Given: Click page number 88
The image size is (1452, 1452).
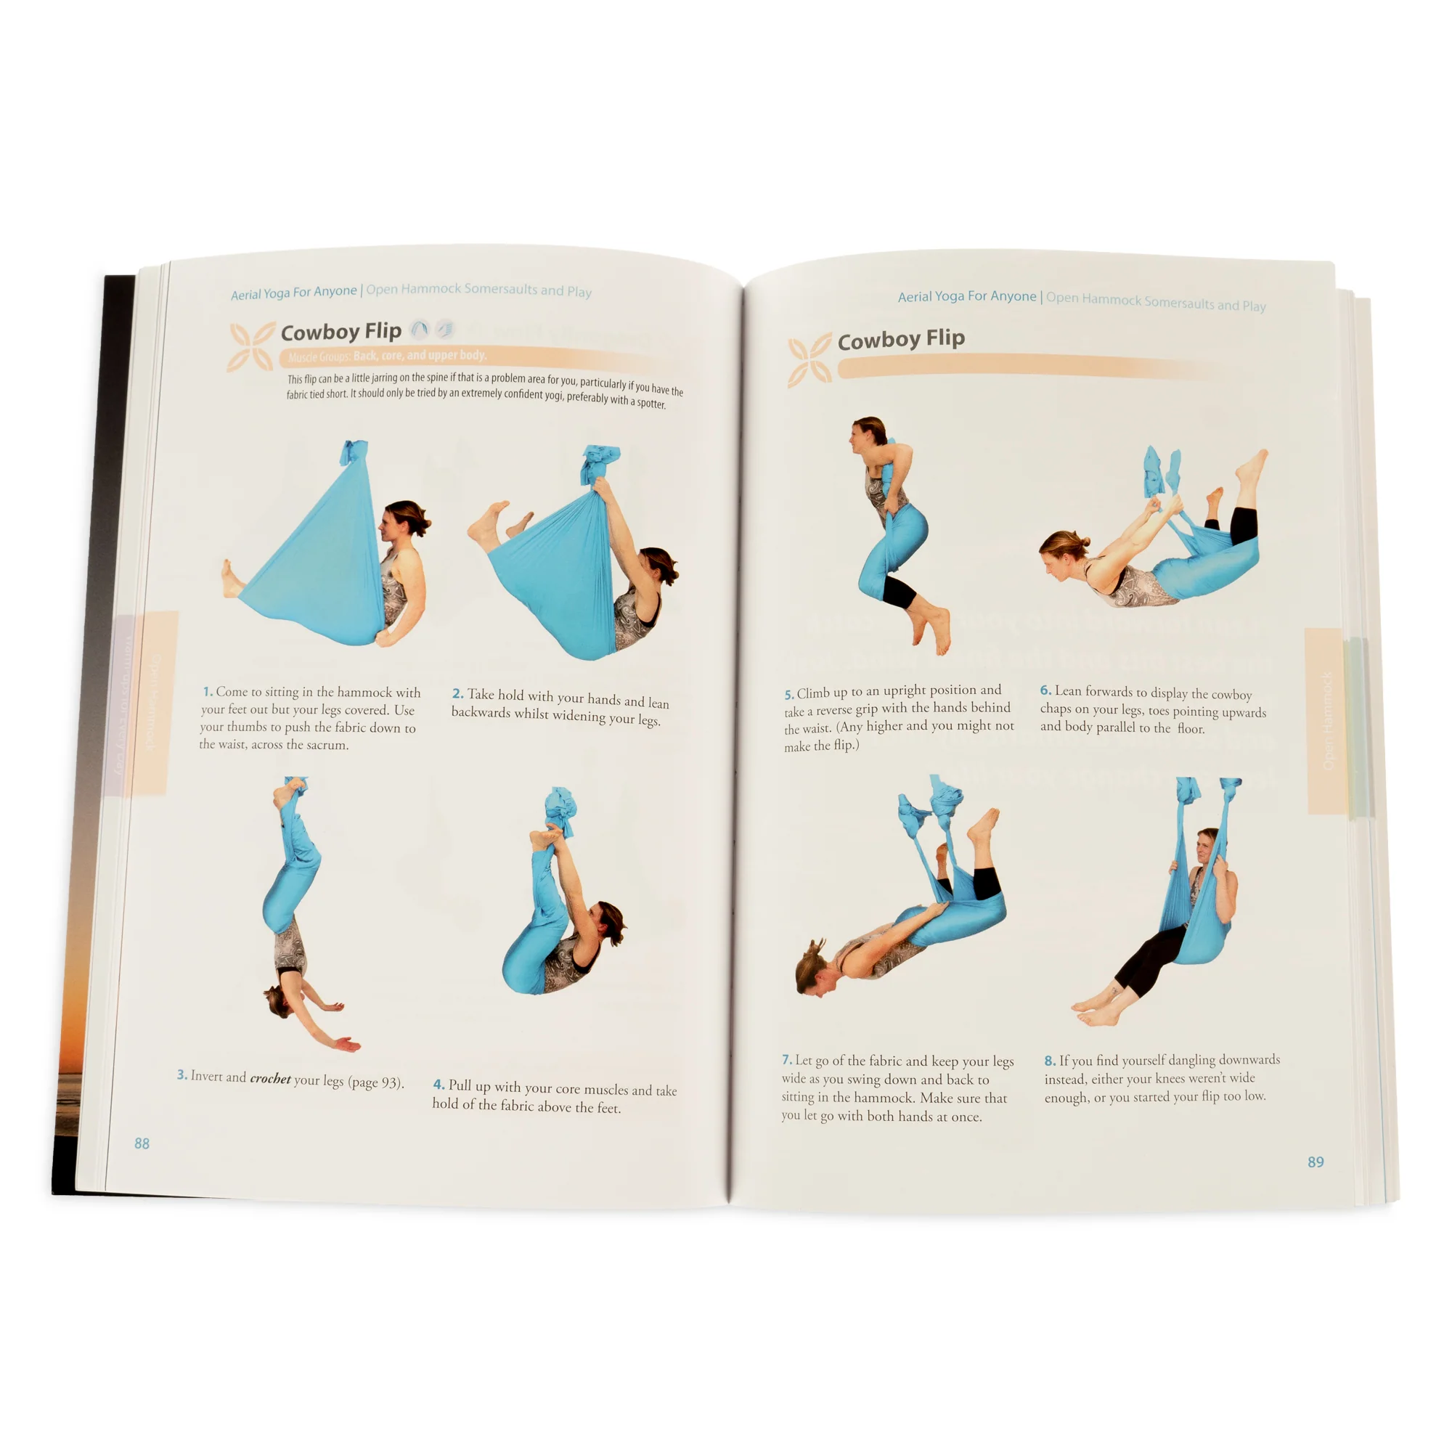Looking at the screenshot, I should pos(142,1143).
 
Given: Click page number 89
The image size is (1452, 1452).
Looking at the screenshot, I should pos(1316,1162).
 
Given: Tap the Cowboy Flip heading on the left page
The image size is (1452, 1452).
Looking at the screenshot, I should pos(340,332).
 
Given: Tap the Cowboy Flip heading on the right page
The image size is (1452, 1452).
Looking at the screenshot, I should pos(900,340).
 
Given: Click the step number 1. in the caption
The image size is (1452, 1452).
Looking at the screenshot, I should pos(208,691).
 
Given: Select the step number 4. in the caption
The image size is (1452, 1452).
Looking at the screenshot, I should pos(439,1085).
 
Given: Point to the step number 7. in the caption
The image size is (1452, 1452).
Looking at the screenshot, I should pos(786,1060).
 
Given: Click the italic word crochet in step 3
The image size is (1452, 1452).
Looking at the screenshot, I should pos(270,1079).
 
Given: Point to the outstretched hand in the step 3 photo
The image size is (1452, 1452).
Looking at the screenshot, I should pos(346,1044).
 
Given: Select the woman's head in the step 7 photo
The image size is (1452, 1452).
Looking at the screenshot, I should pos(813,970).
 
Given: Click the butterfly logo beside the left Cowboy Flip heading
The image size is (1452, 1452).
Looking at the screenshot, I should pos(251,346).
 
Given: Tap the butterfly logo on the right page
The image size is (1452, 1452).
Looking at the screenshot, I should pos(809,359).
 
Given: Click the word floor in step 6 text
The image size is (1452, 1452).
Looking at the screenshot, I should pos(1191,728).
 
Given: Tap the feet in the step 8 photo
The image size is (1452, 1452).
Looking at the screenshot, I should pos(1096,1011).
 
